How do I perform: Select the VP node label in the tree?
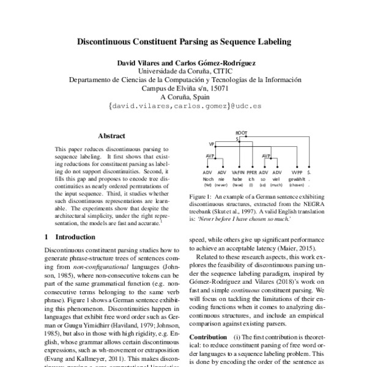[x=212, y=144]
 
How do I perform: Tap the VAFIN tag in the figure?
[x=239, y=173]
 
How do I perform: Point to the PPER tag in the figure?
[x=252, y=173]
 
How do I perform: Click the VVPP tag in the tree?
[x=297, y=173]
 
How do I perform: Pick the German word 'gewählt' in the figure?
[x=297, y=179]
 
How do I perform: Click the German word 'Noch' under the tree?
[x=208, y=179]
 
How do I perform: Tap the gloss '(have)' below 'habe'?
[x=238, y=185]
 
